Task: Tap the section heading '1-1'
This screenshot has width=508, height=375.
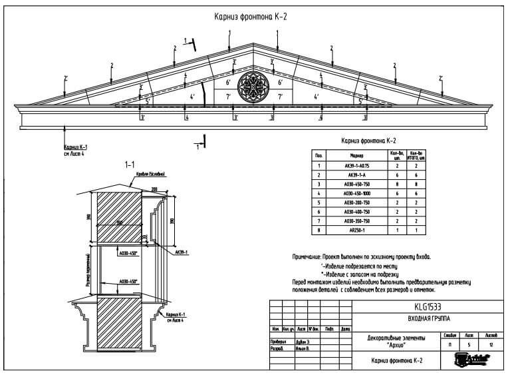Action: tap(130, 164)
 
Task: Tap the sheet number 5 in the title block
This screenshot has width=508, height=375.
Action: tap(469, 345)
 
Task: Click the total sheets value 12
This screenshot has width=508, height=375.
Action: tap(491, 345)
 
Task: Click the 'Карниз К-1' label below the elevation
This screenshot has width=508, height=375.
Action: tap(76, 147)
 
